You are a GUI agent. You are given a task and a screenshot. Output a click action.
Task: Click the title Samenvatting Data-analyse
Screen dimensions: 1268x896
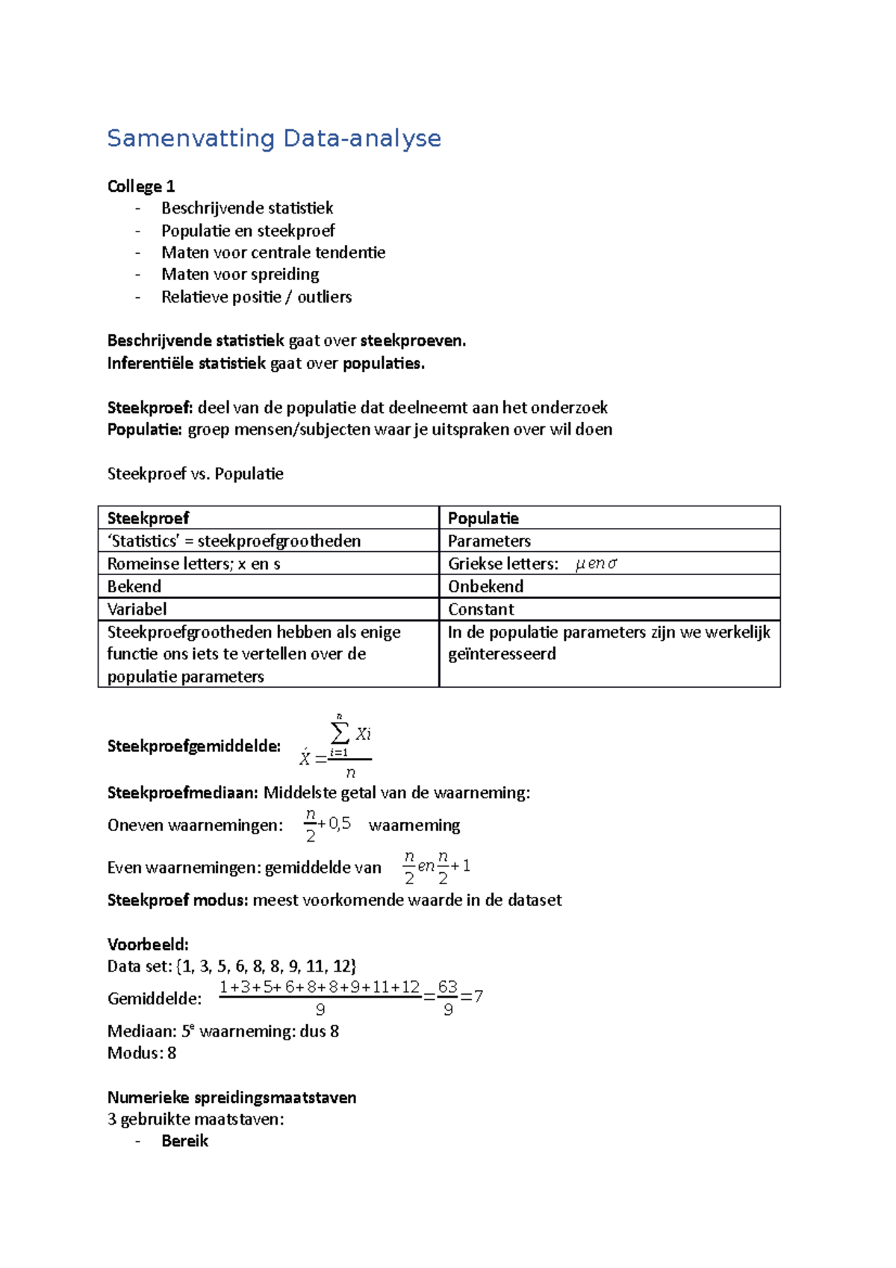coord(274,139)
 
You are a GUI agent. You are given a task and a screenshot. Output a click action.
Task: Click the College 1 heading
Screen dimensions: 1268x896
coord(141,186)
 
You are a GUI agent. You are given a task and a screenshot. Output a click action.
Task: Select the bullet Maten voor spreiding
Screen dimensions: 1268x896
coord(240,274)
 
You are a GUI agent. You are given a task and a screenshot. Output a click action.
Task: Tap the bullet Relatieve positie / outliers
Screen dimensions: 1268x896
coord(256,296)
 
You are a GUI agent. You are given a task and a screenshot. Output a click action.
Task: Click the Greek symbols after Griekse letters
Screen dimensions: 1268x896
coord(596,564)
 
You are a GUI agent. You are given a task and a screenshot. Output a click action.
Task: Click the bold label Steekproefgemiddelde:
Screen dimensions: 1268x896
coord(194,746)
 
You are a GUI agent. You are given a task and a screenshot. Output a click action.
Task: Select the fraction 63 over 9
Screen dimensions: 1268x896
coord(448,998)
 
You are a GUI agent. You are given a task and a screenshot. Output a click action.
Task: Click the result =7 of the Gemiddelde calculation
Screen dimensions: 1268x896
coord(473,996)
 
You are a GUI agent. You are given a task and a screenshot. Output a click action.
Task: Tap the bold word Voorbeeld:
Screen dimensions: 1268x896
coord(148,944)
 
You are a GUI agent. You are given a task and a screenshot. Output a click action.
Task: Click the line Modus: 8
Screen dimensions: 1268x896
coord(142,1053)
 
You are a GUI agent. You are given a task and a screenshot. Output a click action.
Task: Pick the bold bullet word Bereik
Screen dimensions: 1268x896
coord(184,1140)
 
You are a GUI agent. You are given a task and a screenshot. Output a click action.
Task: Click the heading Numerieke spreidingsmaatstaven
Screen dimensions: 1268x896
coord(231,1097)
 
